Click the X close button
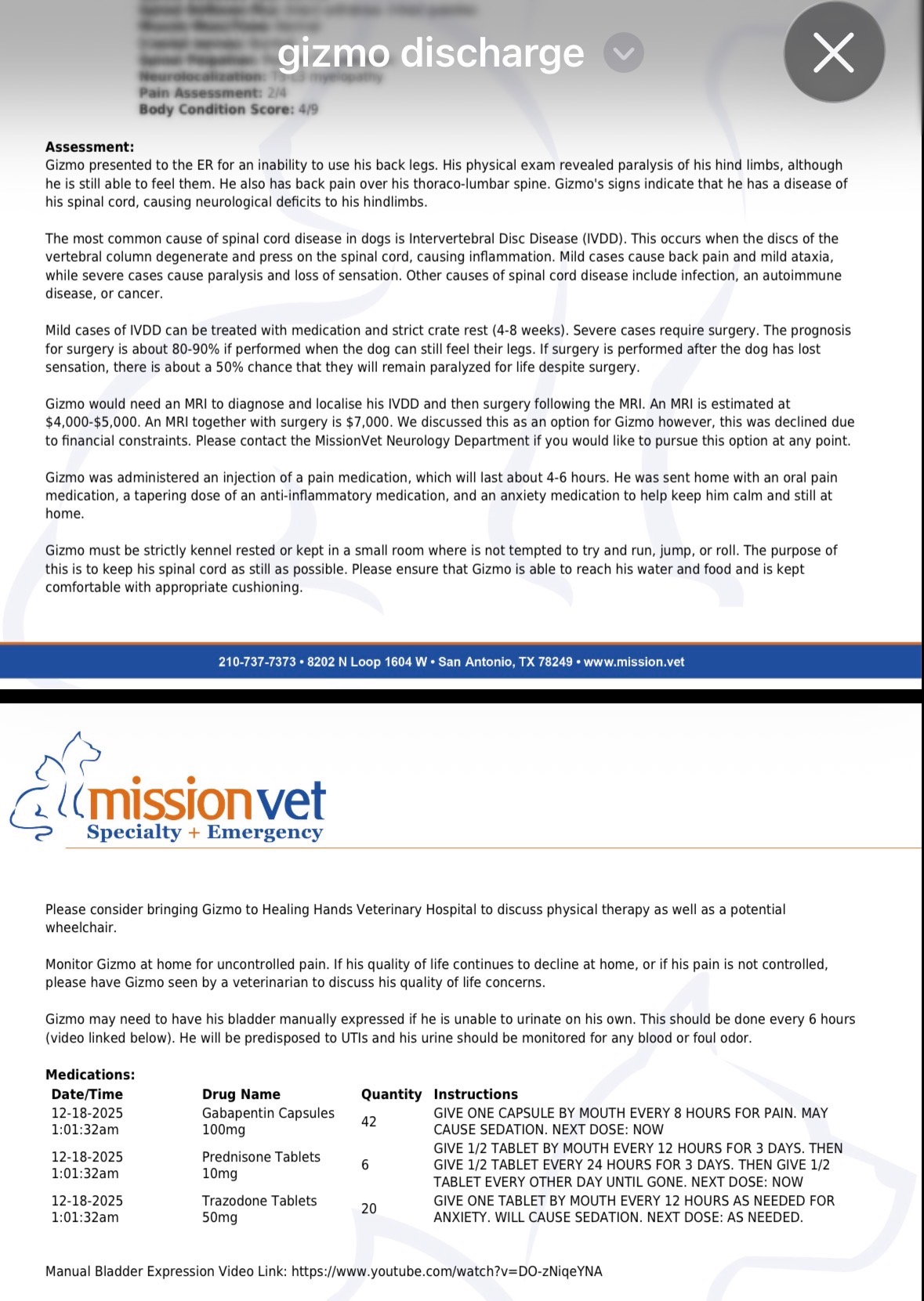pos(834,52)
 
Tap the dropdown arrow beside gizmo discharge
pos(624,53)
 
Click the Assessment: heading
pos(89,146)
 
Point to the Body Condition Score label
pos(216,109)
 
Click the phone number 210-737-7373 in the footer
pos(257,662)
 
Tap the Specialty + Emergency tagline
pos(205,832)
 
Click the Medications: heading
pos(90,1075)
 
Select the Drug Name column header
pos(241,1094)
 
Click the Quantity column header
pos(391,1094)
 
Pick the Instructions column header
pos(476,1094)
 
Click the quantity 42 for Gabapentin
pos(368,1122)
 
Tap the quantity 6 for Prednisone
pos(364,1165)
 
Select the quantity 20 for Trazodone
pos(368,1209)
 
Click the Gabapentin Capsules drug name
pos(268,1113)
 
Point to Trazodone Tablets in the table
pos(259,1201)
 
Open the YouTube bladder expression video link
pos(447,1271)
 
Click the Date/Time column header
pos(87,1094)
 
